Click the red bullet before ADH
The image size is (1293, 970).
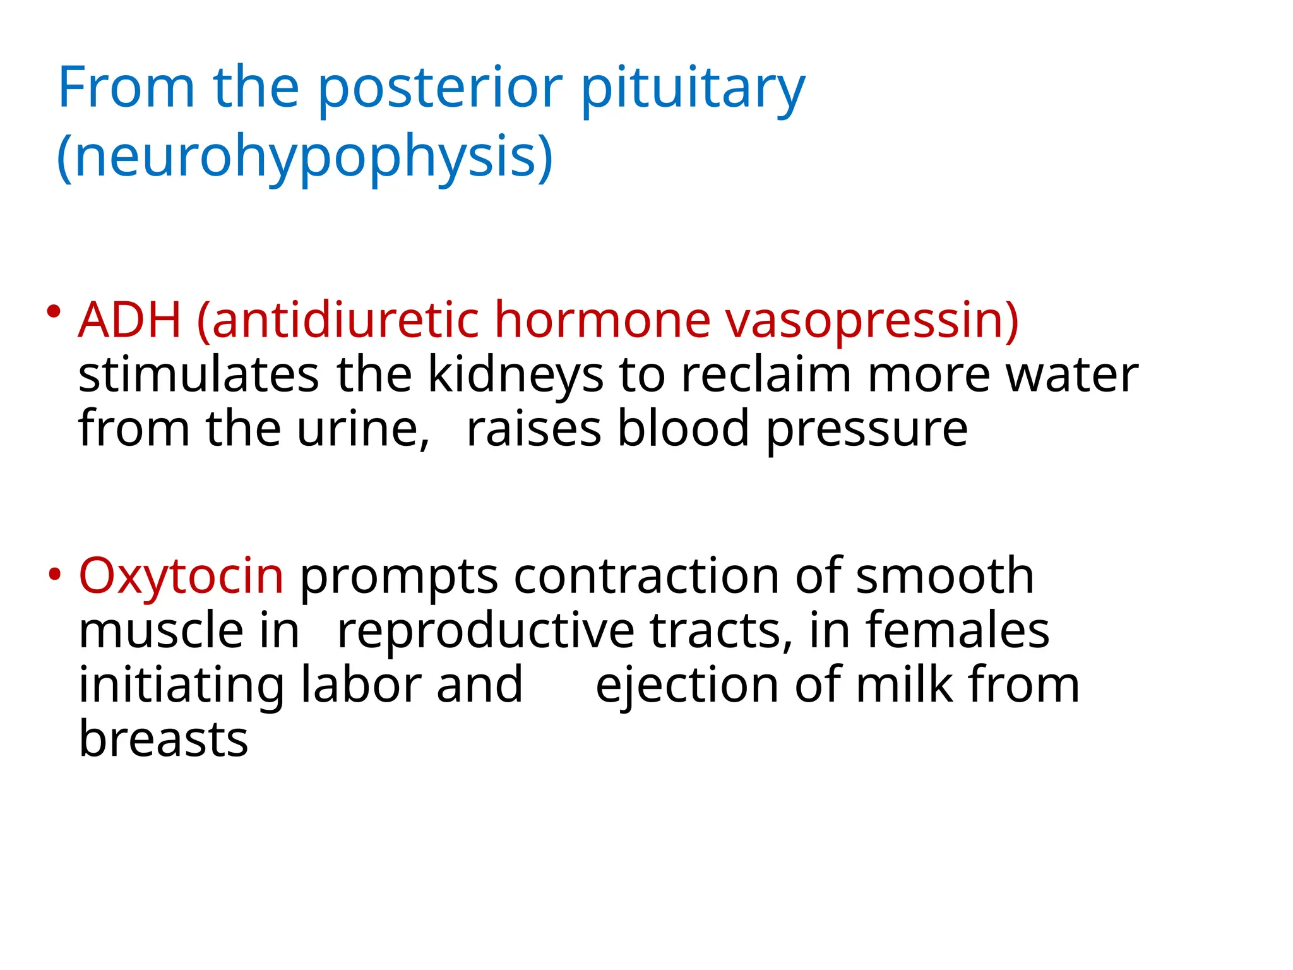(x=54, y=311)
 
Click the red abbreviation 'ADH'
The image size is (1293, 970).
(x=129, y=320)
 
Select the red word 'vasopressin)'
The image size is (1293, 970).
(x=872, y=320)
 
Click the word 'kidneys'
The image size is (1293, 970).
(x=515, y=375)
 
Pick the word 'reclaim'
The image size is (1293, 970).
(x=766, y=375)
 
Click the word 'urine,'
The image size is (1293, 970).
(x=363, y=429)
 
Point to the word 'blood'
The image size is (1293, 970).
(x=683, y=429)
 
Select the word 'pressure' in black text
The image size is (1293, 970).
(x=867, y=429)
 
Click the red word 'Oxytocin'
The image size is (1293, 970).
(x=181, y=576)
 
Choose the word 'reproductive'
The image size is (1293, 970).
(x=486, y=630)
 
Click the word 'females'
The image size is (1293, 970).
(x=957, y=630)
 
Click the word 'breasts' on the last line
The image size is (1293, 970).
(x=164, y=739)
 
